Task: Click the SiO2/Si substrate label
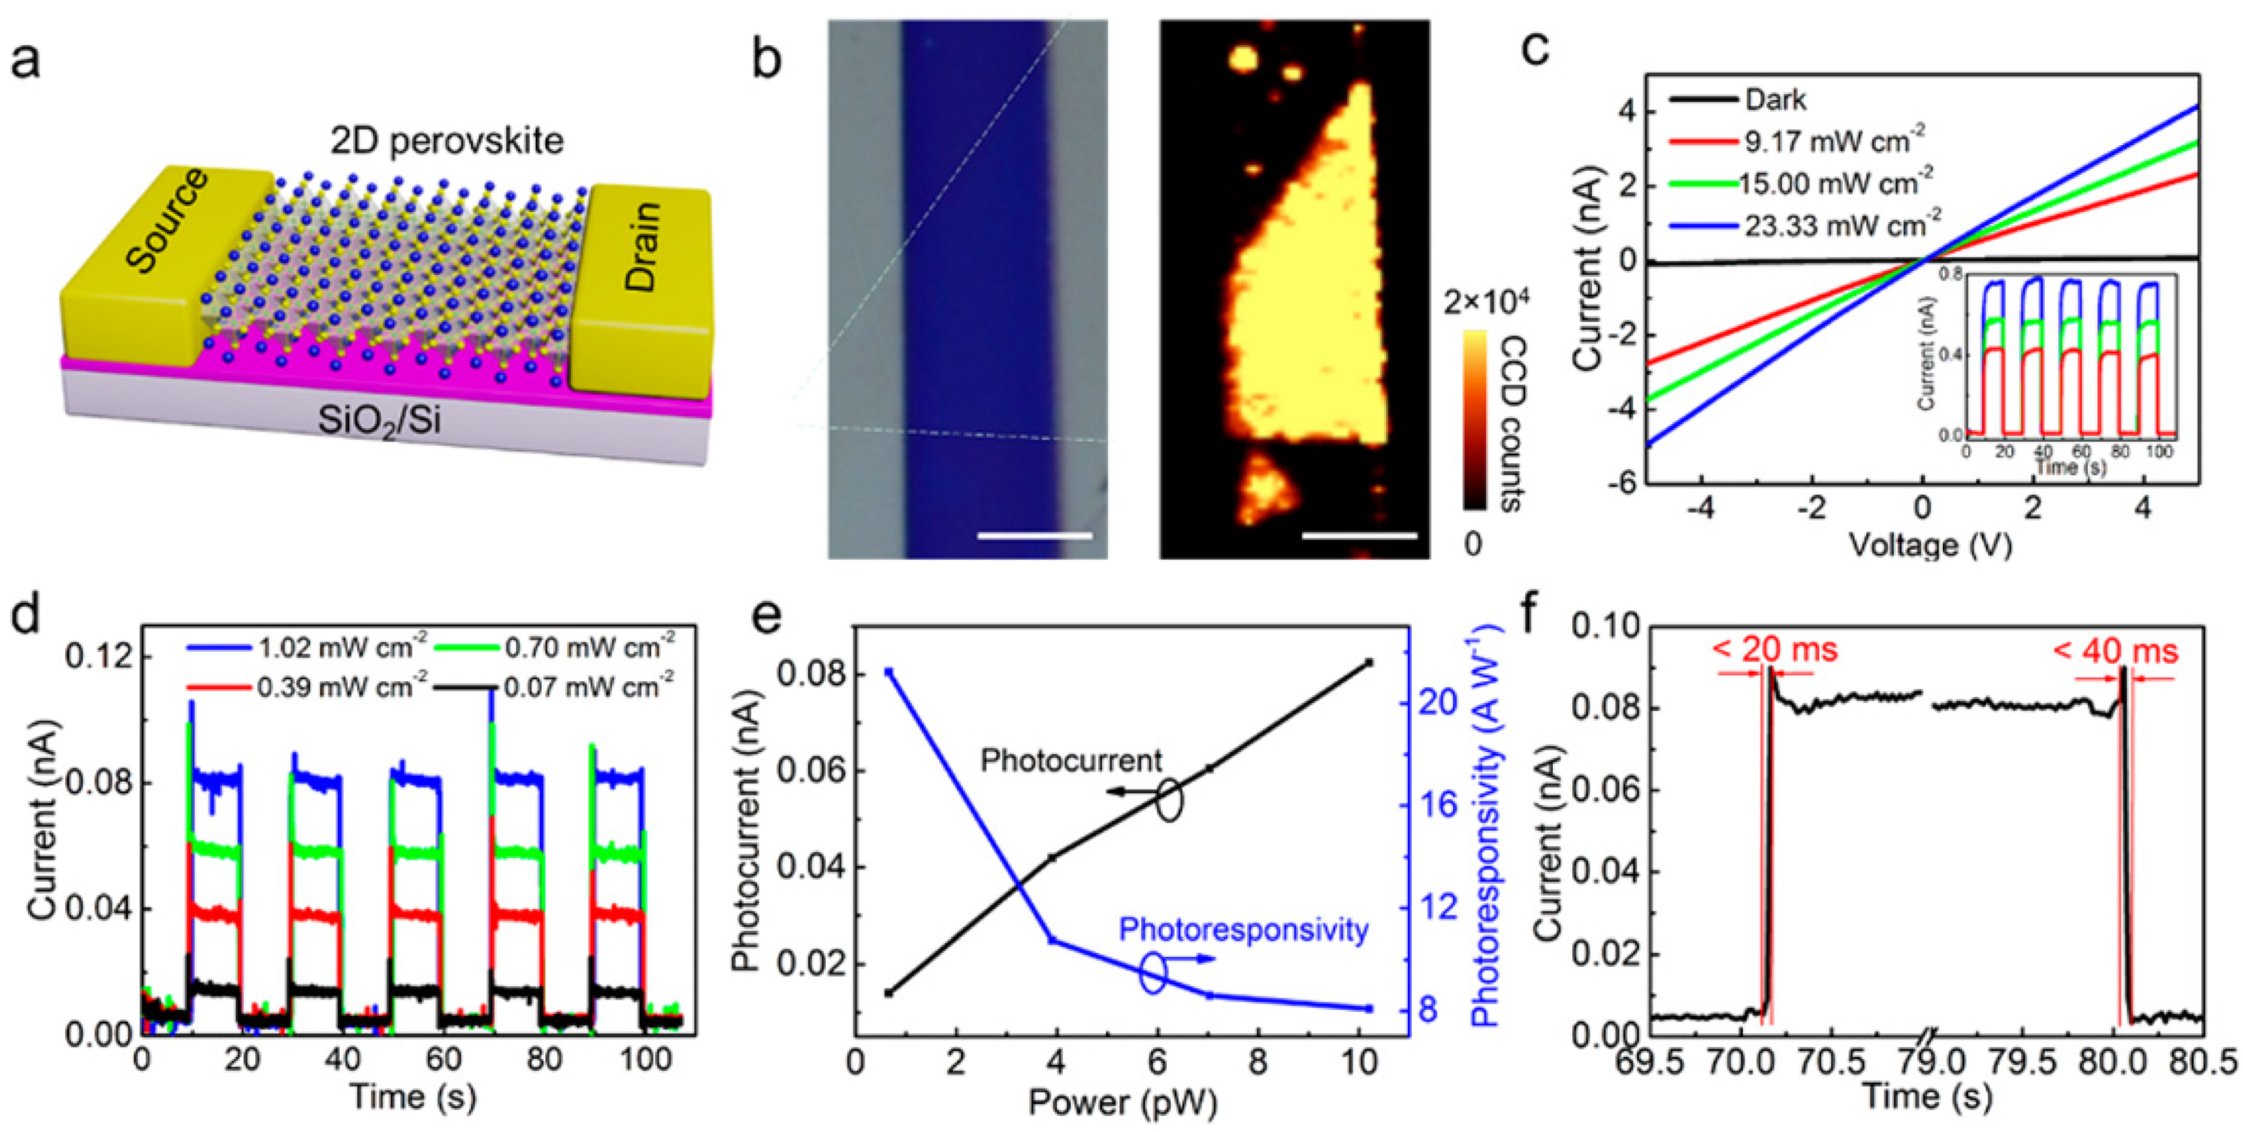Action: pyautogui.click(x=380, y=421)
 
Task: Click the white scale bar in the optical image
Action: pyautogui.click(x=1035, y=536)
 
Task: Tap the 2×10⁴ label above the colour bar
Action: pyautogui.click(x=1486, y=303)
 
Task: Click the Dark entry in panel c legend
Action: pyautogui.click(x=1775, y=100)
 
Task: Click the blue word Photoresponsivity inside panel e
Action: pyautogui.click(x=1244, y=930)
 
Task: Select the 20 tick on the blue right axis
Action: pyautogui.click(x=1439, y=702)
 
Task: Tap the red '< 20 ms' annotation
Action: pyautogui.click(x=1775, y=649)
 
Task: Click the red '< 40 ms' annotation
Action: pyautogui.click(x=2115, y=651)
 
